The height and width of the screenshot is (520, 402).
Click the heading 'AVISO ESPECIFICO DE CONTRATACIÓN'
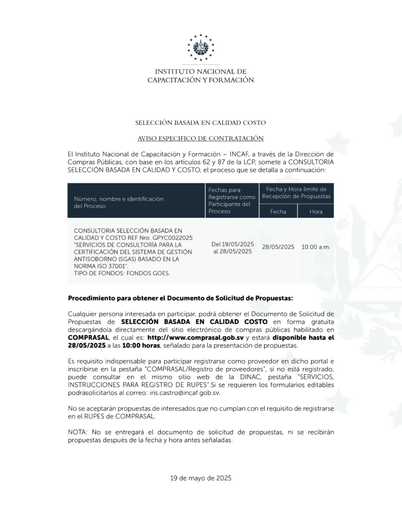tap(201, 138)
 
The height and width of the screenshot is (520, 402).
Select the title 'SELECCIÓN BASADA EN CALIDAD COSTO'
tap(201, 123)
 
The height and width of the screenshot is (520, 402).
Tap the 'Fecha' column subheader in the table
tap(278, 211)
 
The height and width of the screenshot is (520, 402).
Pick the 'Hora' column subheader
tap(316, 211)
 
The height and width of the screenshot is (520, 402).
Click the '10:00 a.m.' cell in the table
tap(316, 247)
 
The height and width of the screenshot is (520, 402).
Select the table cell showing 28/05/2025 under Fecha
tap(278, 247)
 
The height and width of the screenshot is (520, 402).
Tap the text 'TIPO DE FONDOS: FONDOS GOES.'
tap(122, 273)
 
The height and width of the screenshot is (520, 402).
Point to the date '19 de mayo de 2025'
tap(201, 478)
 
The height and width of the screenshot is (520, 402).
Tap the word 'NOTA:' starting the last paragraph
tap(77, 431)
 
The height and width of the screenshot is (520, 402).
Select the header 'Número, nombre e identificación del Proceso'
tap(119, 203)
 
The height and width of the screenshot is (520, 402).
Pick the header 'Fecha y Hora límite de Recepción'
tap(296, 192)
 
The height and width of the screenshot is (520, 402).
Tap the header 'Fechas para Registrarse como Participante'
tap(232, 200)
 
